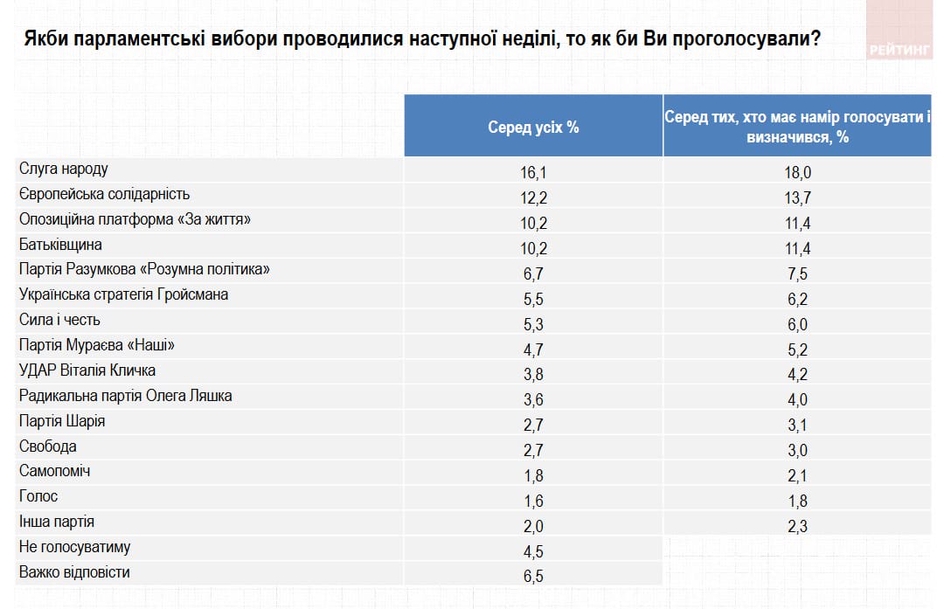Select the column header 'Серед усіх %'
(533, 128)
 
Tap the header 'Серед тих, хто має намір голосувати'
(797, 128)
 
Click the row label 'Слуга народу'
(63, 169)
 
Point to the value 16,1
(533, 173)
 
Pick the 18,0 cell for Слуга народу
(797, 173)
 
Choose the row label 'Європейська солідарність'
(104, 194)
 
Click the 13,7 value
(797, 198)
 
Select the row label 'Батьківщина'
(60, 245)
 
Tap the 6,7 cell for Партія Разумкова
(533, 274)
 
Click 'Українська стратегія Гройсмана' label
(123, 294)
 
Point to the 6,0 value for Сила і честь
(797, 324)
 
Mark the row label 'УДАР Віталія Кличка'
(87, 370)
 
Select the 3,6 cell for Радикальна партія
(533, 400)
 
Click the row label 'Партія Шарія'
(62, 421)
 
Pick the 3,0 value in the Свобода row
(797, 451)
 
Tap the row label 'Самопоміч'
(54, 471)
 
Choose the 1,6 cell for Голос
(533, 501)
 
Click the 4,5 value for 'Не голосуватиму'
(533, 551)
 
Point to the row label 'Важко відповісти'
(74, 572)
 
